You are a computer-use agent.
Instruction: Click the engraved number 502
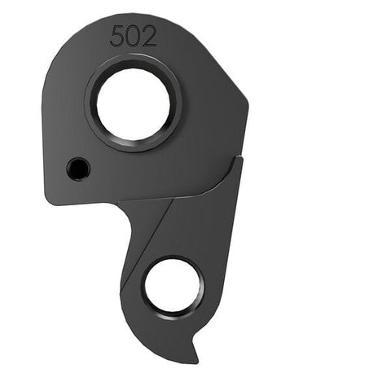pyautogui.click(x=134, y=36)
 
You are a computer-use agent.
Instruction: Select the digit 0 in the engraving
pyautogui.click(x=134, y=36)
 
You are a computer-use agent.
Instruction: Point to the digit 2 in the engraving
pyautogui.click(x=148, y=36)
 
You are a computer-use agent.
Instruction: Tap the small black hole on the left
pyautogui.click(x=77, y=169)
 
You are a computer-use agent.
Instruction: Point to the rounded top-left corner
pyautogui.click(x=61, y=41)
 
